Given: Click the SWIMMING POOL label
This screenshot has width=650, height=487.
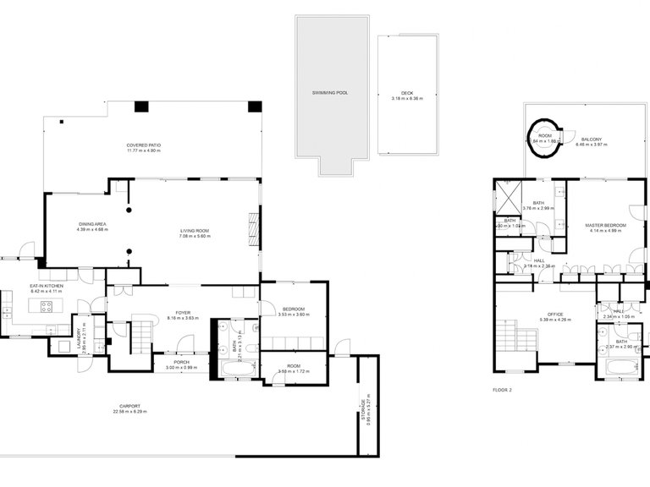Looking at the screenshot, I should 330,92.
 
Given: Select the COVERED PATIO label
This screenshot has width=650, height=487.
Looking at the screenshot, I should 144,145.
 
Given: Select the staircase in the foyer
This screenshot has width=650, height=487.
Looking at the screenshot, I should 140,336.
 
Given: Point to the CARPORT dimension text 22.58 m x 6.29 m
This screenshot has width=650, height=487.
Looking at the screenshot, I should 129,412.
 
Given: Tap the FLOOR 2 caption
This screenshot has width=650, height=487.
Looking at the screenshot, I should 503,390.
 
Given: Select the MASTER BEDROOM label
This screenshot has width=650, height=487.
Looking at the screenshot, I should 605,225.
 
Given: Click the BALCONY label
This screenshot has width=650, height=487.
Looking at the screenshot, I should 592,140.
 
